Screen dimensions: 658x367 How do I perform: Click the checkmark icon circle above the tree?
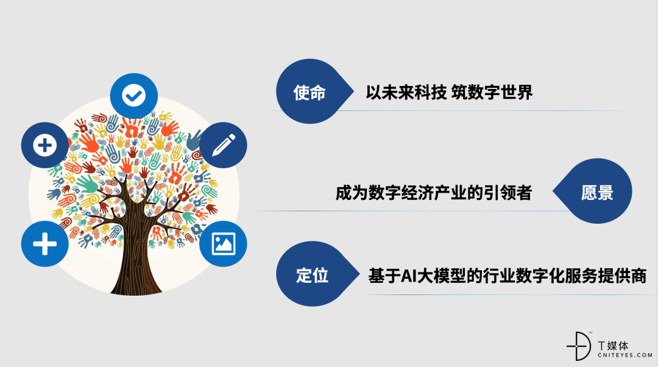point(134,96)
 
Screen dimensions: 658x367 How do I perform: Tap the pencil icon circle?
point(223,145)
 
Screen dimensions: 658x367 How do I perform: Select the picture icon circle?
point(223,243)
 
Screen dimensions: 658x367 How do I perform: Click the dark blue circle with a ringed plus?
point(45,145)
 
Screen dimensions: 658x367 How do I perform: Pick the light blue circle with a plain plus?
point(45,243)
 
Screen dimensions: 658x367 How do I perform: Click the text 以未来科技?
point(406,93)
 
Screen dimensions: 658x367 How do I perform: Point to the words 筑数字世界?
point(492,93)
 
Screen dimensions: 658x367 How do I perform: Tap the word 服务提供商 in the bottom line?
point(606,276)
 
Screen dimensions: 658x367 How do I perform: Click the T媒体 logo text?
point(613,346)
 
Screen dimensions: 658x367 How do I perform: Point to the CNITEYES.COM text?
point(625,355)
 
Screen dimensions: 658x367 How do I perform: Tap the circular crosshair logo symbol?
point(579,346)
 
